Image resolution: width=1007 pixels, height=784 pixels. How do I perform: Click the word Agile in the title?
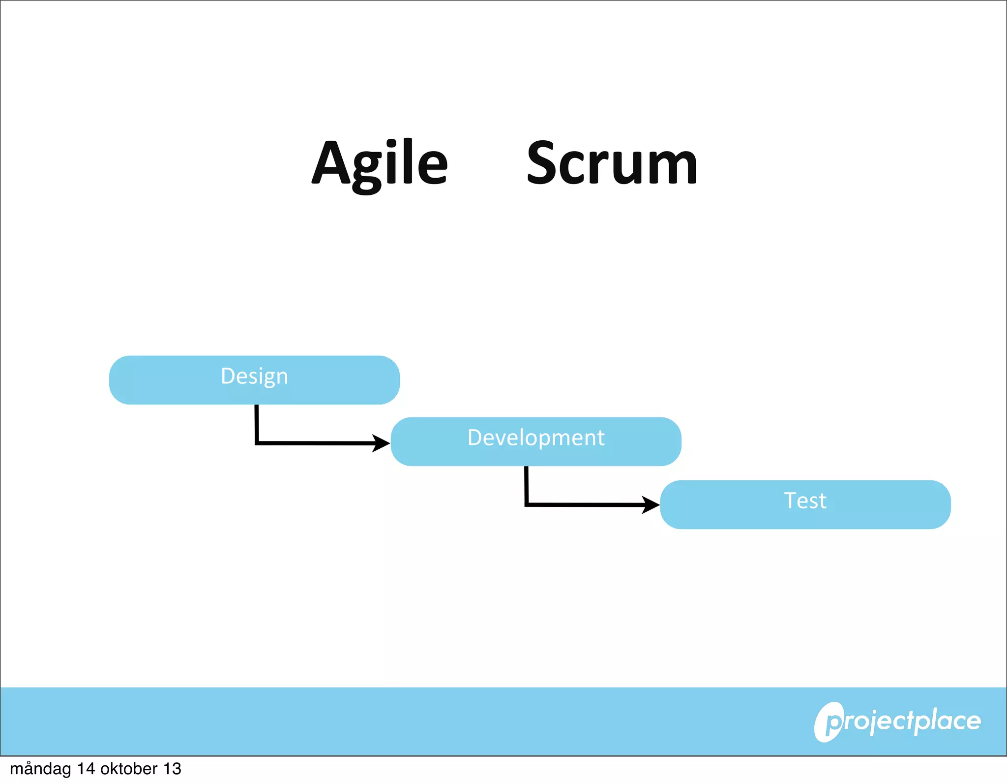click(380, 163)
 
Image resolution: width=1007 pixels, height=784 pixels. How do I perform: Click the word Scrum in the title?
click(612, 163)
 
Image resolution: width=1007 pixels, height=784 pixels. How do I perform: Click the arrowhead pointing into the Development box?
click(382, 443)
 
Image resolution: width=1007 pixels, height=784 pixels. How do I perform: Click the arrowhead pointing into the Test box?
click(651, 504)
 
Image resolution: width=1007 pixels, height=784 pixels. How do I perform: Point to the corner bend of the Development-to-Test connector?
click(527, 504)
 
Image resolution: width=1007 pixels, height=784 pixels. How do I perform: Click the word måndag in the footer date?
click(40, 769)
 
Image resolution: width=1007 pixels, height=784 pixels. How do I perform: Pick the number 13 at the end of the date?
click(172, 769)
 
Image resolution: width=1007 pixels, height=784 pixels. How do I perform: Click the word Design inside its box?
click(254, 376)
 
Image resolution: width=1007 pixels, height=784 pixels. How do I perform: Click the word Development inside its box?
click(536, 438)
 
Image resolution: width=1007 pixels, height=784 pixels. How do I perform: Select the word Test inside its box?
click(805, 501)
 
